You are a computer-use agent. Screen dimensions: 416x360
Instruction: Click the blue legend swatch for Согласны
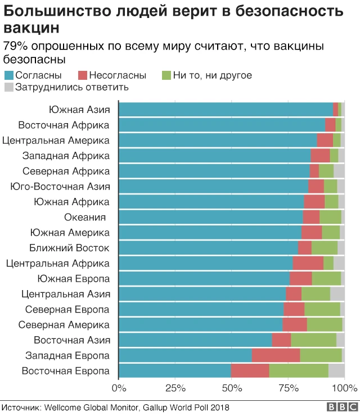point(8,75)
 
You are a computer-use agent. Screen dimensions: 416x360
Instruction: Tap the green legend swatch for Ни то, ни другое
point(166,75)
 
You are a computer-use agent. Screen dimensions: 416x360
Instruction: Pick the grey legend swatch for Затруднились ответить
point(8,87)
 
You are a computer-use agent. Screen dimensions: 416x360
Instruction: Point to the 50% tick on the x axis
point(232,387)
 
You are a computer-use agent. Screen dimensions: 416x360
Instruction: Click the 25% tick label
point(175,387)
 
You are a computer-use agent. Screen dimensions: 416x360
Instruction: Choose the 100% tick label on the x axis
point(344,387)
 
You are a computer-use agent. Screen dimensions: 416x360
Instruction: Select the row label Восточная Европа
point(65,370)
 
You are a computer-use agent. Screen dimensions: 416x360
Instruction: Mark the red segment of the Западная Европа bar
point(276,355)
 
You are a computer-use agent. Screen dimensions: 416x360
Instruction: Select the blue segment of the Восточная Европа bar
point(175,370)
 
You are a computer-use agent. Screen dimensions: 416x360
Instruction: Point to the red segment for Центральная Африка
point(308,263)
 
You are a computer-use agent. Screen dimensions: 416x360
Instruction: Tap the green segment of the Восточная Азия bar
point(313,340)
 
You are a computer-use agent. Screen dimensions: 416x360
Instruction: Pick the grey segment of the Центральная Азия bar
point(337,294)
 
